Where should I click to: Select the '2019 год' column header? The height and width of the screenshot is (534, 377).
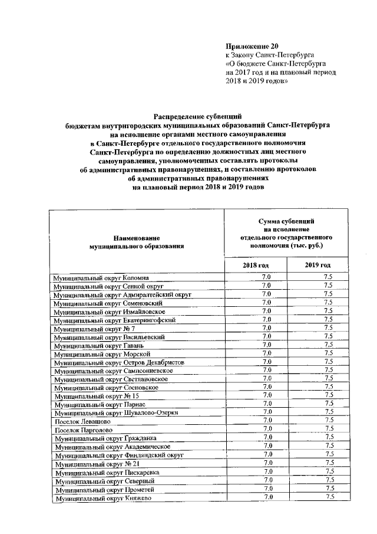point(318,266)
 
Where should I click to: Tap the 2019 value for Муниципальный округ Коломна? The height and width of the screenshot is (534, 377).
point(329,277)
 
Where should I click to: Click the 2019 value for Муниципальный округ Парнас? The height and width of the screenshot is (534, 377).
point(329,404)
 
